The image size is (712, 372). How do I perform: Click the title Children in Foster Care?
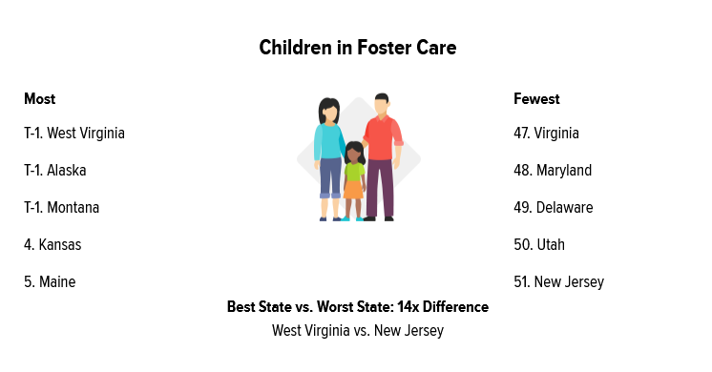click(357, 48)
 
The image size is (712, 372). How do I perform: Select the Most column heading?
click(39, 99)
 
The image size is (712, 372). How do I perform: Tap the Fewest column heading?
click(536, 99)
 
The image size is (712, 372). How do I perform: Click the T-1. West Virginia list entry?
click(74, 134)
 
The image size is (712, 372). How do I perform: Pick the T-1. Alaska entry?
click(55, 171)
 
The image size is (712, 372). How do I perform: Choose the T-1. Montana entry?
click(61, 208)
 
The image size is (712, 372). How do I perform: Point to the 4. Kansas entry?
click(52, 245)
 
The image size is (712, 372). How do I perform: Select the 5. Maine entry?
click(50, 282)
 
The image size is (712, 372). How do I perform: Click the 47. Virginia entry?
click(546, 134)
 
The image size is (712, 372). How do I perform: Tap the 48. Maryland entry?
click(553, 171)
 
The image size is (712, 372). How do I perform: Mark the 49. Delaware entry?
click(553, 208)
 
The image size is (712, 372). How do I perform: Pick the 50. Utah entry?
click(539, 245)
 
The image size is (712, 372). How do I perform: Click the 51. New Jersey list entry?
click(558, 282)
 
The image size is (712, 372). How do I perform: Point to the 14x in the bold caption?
click(408, 307)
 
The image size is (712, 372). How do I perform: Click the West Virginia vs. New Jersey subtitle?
click(358, 331)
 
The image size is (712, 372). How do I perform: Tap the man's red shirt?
click(383, 137)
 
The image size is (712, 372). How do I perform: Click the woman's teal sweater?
click(328, 141)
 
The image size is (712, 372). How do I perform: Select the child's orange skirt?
click(353, 190)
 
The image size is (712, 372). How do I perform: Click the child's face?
click(354, 155)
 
